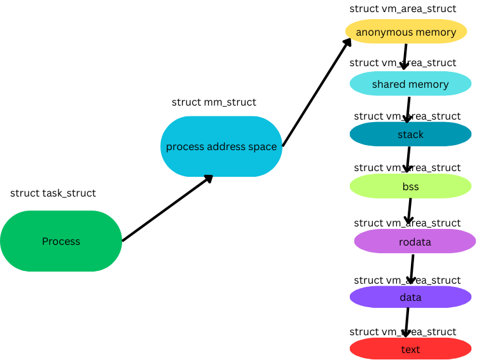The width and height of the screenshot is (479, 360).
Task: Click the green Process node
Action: point(61,241)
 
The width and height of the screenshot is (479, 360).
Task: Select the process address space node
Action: point(221,146)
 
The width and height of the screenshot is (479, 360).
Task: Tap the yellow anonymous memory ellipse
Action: point(406,31)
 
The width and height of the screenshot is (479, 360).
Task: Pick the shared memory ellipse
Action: point(410,84)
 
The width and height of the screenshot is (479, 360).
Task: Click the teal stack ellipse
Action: point(410,134)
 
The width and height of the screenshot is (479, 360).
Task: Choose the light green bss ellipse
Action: point(410,186)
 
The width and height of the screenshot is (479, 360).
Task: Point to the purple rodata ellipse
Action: point(415,241)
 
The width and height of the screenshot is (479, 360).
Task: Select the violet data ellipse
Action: point(410,297)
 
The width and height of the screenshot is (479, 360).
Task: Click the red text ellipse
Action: point(410,349)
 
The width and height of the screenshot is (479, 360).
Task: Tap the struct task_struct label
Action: point(53,193)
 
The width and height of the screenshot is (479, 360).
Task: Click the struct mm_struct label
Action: point(214,102)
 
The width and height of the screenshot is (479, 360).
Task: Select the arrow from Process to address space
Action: point(167,208)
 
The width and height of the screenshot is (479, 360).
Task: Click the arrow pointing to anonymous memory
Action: point(317,92)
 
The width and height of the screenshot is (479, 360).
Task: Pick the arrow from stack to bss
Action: point(408,160)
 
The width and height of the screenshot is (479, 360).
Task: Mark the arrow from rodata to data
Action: point(412,269)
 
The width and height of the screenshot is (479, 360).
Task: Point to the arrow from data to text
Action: point(406,322)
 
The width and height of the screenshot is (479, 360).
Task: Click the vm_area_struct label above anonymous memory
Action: point(403,8)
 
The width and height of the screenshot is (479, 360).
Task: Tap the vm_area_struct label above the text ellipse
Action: point(403,331)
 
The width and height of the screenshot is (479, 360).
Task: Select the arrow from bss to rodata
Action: point(409,211)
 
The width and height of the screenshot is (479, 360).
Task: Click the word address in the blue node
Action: point(226,146)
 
